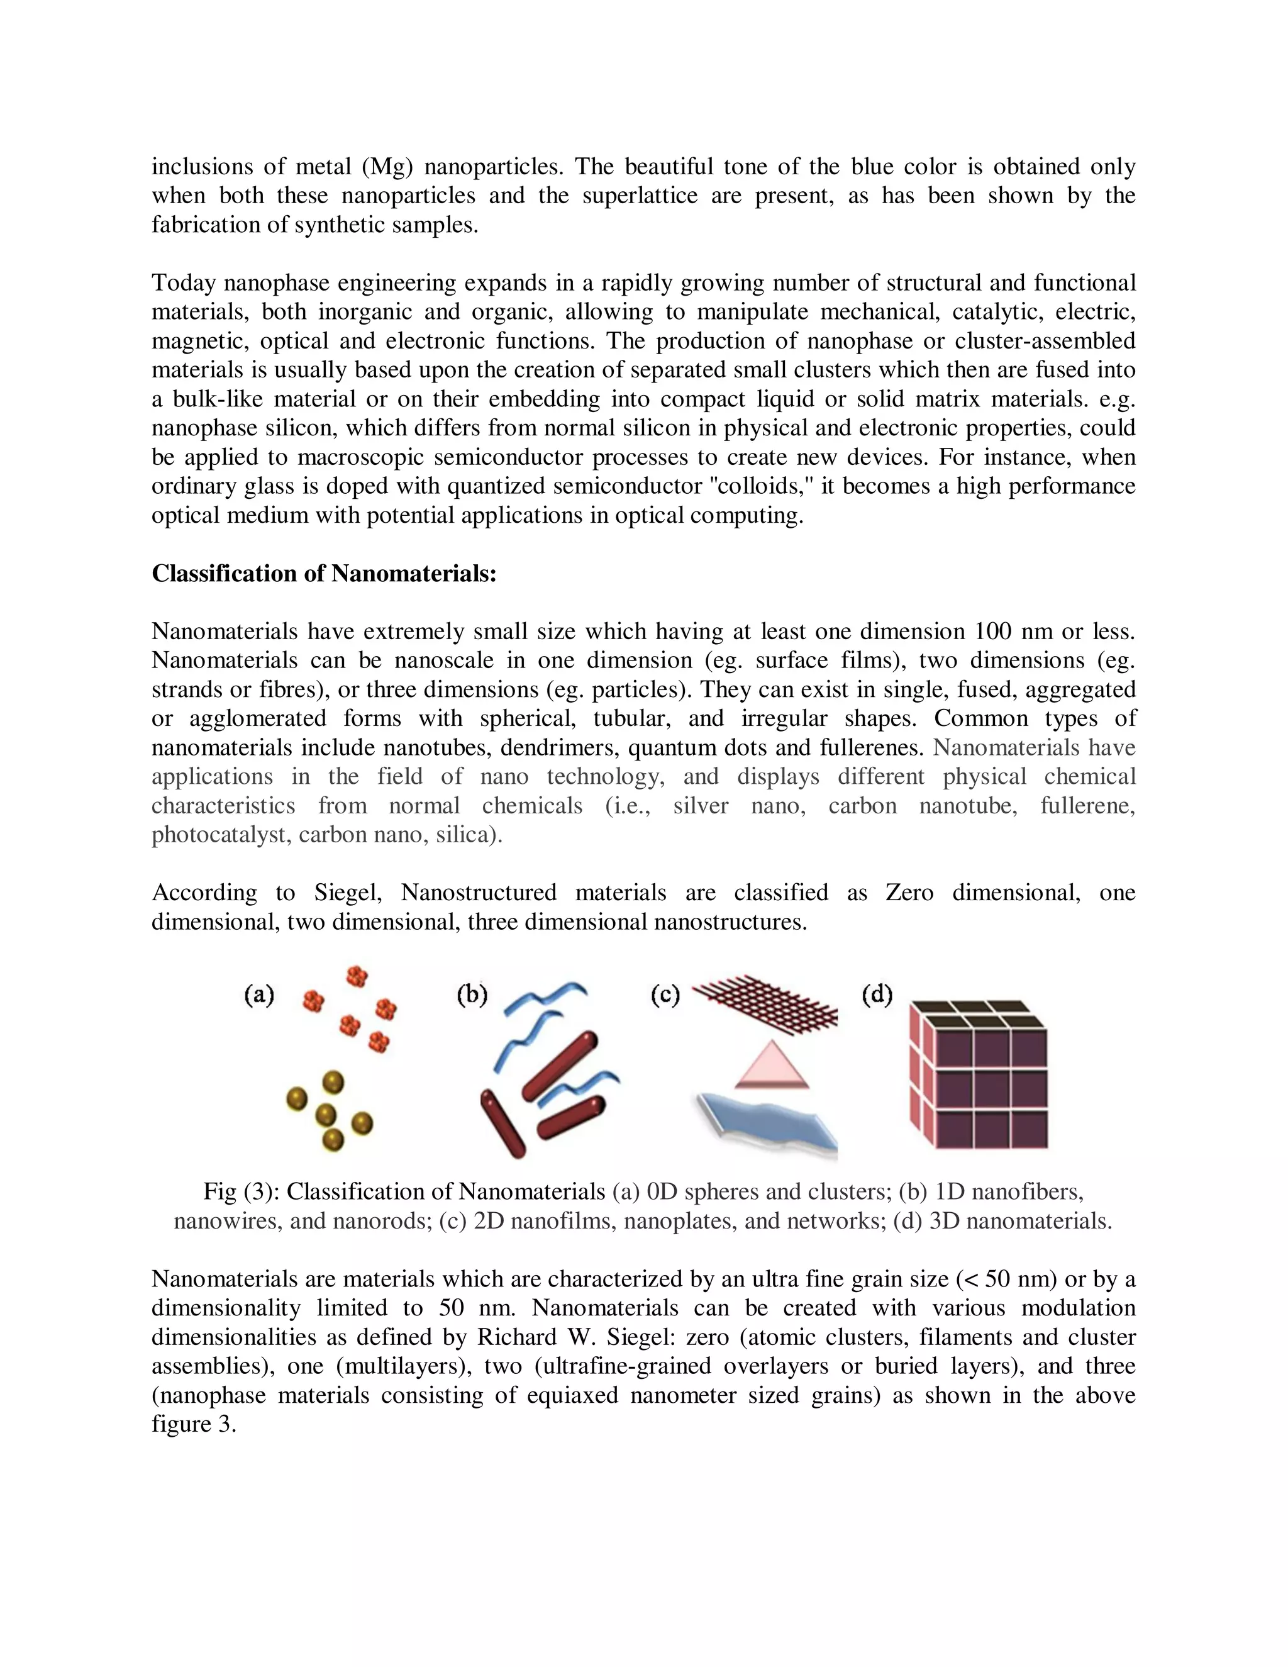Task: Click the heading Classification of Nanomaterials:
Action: click(x=325, y=573)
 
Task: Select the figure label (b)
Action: click(x=472, y=995)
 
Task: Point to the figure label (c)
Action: click(x=665, y=995)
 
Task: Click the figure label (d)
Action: click(x=877, y=995)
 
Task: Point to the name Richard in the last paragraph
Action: click(x=519, y=1337)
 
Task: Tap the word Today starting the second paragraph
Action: click(x=185, y=283)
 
